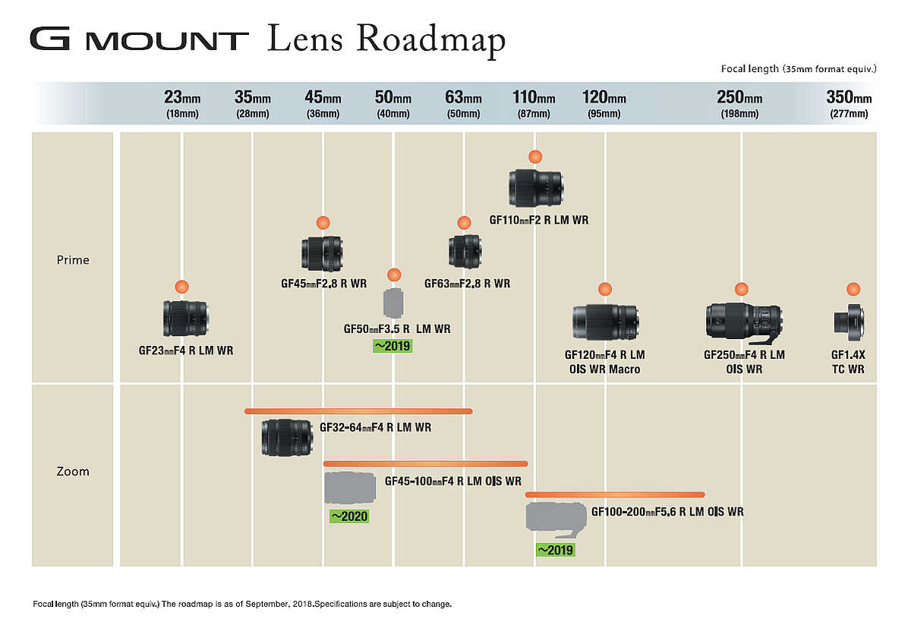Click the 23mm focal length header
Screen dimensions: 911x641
tap(182, 98)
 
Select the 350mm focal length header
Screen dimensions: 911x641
tap(849, 98)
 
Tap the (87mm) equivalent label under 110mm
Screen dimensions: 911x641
tap(534, 114)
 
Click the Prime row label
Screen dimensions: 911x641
tap(73, 259)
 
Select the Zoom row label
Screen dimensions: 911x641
tap(73, 472)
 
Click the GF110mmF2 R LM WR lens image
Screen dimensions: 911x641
tap(536, 188)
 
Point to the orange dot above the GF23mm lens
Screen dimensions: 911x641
tap(181, 287)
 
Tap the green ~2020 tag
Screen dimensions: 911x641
tap(349, 517)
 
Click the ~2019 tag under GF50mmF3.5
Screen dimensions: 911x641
tap(392, 346)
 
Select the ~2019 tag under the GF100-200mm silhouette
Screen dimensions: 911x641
tap(555, 550)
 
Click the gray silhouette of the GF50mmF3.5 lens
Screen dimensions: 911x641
tap(393, 303)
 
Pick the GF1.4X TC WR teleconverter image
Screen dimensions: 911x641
tap(849, 322)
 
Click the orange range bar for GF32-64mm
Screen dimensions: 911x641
tap(358, 411)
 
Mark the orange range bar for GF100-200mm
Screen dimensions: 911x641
tap(615, 495)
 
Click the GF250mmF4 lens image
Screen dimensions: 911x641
tap(744, 324)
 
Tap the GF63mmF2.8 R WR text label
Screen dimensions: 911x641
tap(467, 283)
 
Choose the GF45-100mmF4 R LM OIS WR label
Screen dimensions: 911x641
tap(452, 481)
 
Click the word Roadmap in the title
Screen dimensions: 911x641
tap(431, 40)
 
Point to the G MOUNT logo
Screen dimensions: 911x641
tap(139, 39)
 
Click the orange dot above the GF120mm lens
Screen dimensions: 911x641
tap(605, 289)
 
